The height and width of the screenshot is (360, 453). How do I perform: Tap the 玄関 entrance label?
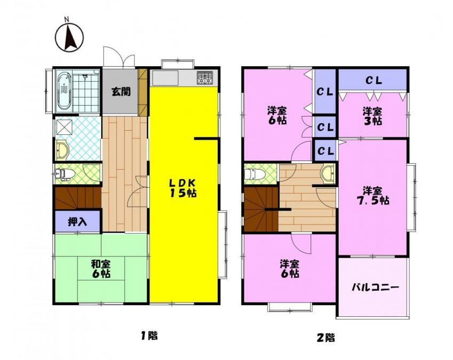[121, 92]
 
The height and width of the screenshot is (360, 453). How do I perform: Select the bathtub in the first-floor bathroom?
[64, 92]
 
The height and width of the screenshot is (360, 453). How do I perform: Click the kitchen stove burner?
[205, 77]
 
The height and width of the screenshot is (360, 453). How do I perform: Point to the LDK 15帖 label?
[183, 188]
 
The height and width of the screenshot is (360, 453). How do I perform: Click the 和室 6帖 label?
[101, 269]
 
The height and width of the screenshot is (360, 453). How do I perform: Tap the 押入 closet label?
[77, 221]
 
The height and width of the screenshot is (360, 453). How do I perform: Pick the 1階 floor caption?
[149, 335]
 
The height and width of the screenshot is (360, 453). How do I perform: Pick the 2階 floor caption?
[326, 337]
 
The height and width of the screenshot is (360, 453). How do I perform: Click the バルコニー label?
[375, 287]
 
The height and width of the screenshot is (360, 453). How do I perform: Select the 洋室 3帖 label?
[372, 116]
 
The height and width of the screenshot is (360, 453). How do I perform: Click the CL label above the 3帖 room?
[374, 81]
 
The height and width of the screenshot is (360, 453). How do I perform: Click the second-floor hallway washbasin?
[328, 174]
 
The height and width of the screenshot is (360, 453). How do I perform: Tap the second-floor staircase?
[261, 209]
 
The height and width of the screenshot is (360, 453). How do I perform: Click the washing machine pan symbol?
[64, 126]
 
